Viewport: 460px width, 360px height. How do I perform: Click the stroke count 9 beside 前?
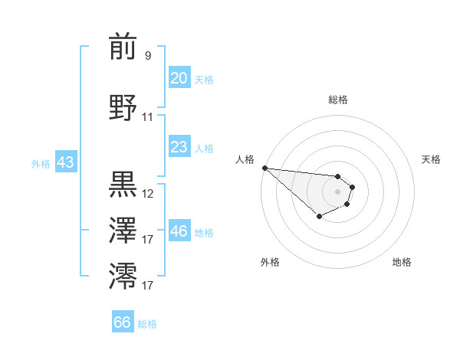coord(148,56)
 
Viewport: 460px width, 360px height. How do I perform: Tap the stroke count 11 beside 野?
coord(148,117)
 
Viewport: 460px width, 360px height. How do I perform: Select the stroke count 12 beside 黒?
coord(148,194)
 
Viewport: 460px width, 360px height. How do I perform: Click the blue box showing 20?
coord(179,78)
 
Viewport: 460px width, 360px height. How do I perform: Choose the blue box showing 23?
coord(179,147)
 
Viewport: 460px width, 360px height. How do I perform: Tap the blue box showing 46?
coord(179,231)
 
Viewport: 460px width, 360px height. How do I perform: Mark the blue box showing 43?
coord(65,162)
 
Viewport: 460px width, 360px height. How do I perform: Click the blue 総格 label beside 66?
coord(147,324)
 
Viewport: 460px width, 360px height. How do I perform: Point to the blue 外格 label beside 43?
coord(41,163)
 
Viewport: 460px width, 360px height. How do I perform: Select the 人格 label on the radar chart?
coord(245,159)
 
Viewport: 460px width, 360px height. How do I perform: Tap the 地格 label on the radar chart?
coord(402,262)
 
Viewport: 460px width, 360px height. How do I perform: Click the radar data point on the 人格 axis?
coord(264,168)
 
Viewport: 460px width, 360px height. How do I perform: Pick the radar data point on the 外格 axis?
coord(319,217)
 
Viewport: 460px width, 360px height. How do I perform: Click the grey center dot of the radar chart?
coord(337,191)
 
